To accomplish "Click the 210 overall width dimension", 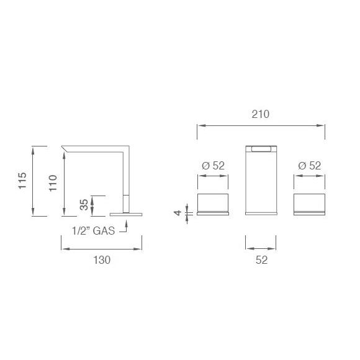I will [260, 114].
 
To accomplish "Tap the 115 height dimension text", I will [22, 181].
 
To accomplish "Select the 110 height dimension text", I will [53, 185].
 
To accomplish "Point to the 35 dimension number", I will [84, 205].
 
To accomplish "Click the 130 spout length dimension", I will [102, 261].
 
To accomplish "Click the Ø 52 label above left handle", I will [213, 166].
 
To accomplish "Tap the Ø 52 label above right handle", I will [308, 166].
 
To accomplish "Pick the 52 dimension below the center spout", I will [261, 261].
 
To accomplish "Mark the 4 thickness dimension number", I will [178, 213].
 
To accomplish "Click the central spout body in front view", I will [261, 183].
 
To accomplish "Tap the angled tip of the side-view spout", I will [66, 148].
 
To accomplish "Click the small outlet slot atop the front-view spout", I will [261, 148].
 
